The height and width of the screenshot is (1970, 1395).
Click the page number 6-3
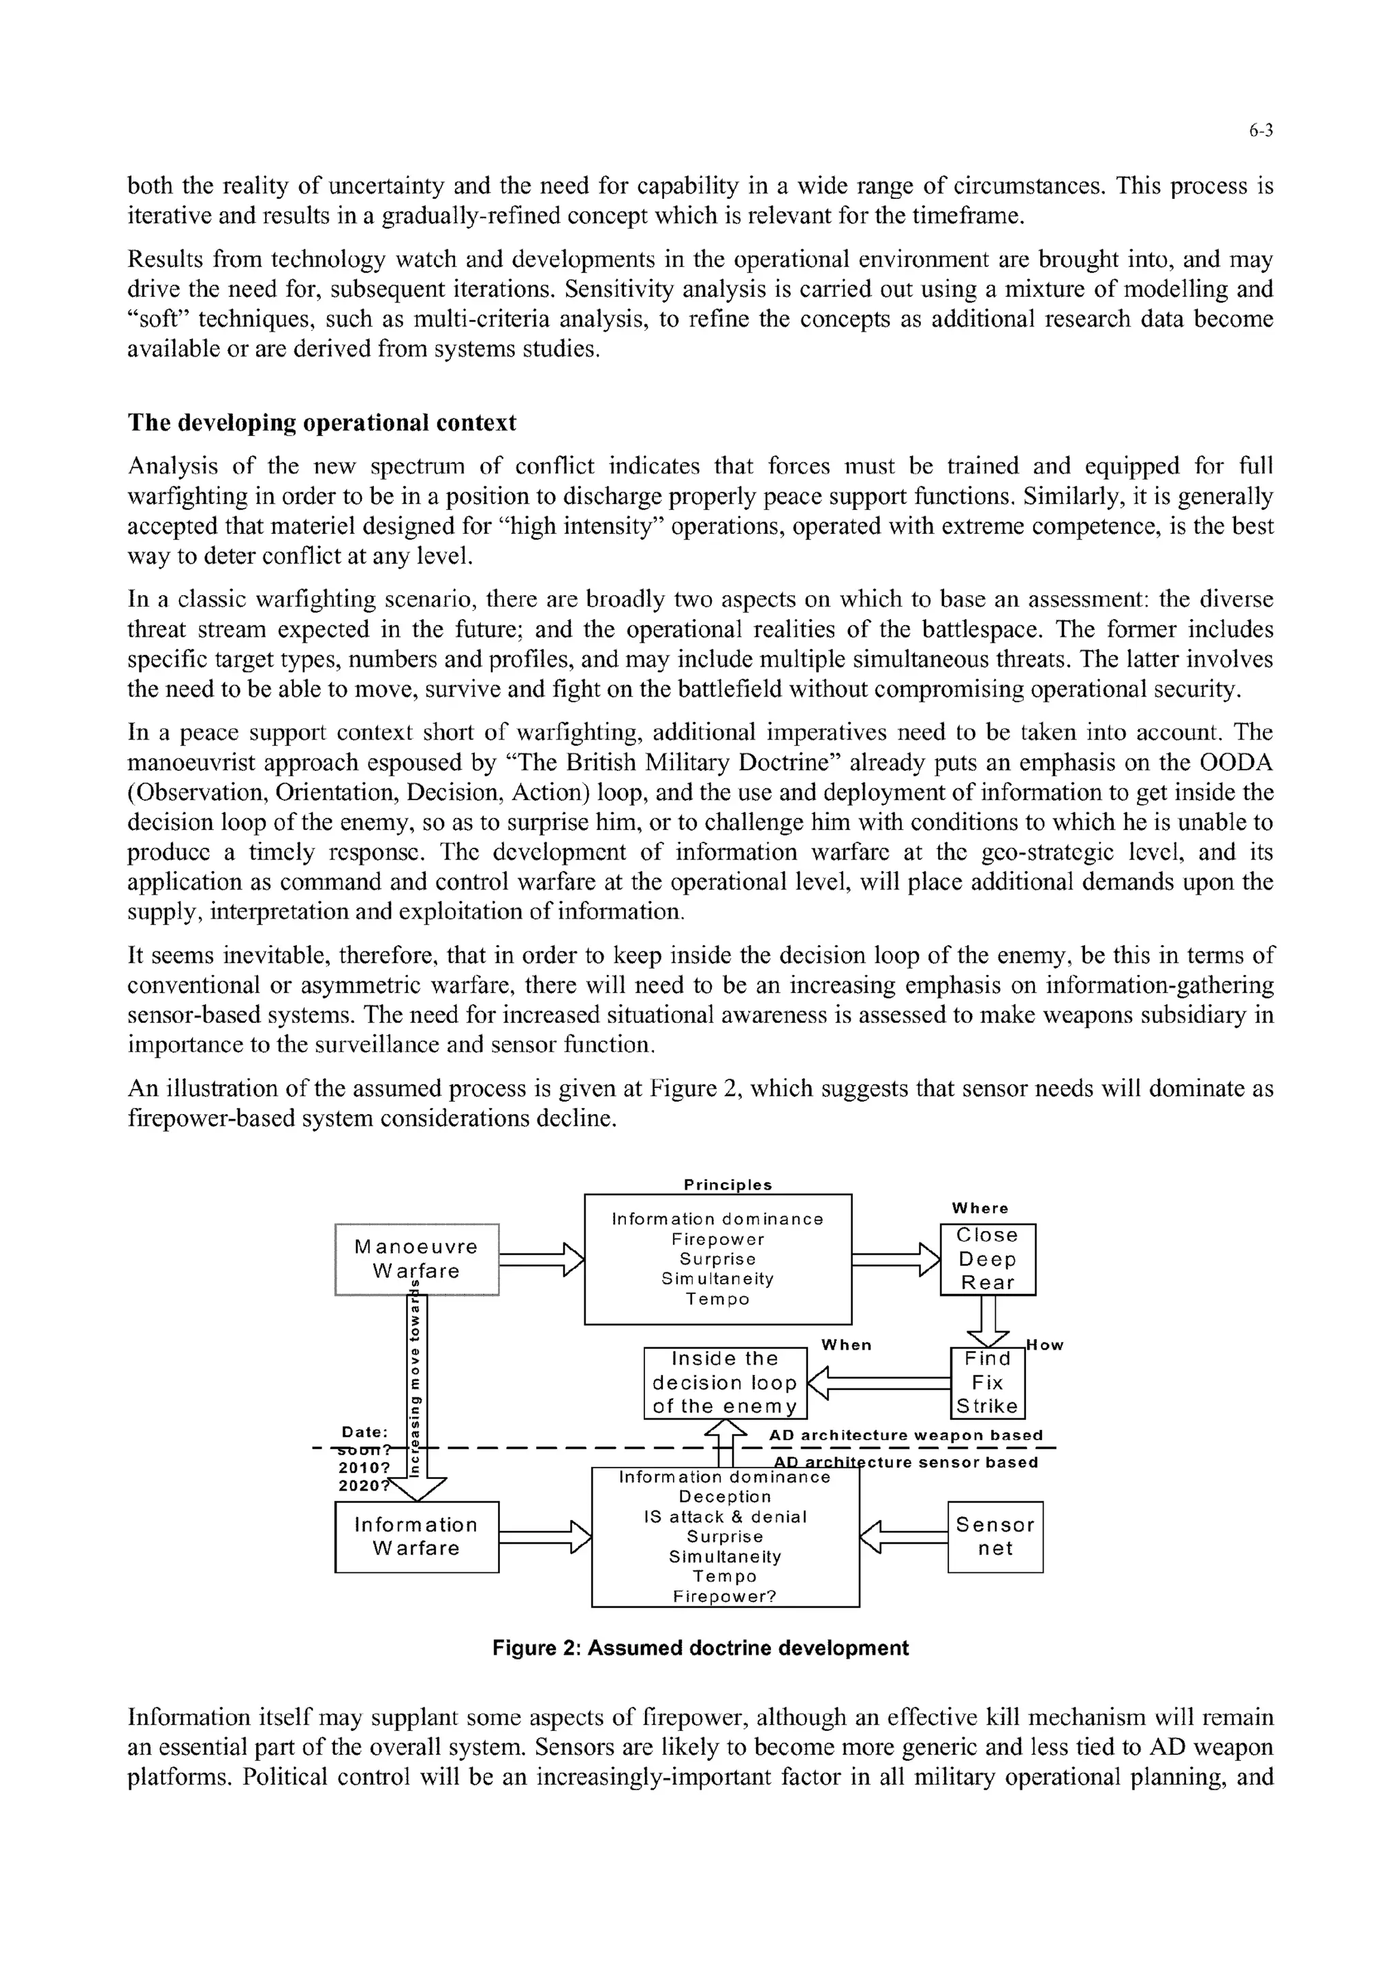[1260, 131]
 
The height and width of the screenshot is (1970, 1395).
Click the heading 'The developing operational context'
[322, 422]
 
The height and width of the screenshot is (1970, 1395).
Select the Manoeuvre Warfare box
[417, 1259]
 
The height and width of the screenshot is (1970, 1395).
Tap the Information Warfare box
[417, 1536]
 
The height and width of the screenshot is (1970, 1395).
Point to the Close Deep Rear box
[988, 1259]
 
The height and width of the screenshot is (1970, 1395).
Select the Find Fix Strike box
[988, 1382]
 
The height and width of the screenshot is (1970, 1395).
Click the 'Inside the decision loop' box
[725, 1382]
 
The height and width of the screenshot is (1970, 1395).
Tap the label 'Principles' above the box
[727, 1185]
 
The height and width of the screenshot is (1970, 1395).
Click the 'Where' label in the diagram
[980, 1208]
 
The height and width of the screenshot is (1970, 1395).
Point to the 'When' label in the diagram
[846, 1345]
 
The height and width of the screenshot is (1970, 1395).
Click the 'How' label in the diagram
[1046, 1346]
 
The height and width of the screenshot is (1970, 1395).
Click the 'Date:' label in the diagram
[365, 1431]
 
